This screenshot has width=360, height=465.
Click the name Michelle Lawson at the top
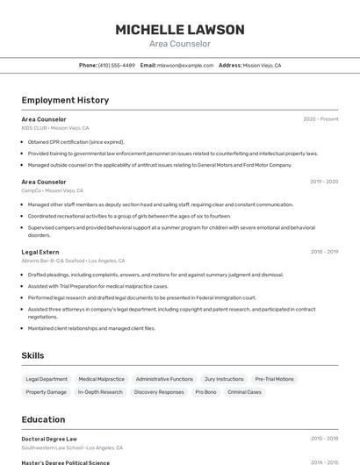coord(180,29)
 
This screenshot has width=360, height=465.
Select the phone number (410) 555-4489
coord(116,65)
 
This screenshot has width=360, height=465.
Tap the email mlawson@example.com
coord(185,65)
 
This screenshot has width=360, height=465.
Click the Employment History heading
coord(65,100)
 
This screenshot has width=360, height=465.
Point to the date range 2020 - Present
coord(320,119)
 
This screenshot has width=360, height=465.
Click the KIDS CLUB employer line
coord(56,128)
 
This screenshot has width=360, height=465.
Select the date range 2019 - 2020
coord(323,182)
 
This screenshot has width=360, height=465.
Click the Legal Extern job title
coord(40,252)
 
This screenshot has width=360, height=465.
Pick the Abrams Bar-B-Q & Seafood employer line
coord(73,261)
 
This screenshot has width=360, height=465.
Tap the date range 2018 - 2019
coord(323,252)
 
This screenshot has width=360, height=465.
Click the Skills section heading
coord(33,355)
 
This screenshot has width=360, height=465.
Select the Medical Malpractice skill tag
coord(101,379)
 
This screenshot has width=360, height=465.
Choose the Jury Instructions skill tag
coord(224,379)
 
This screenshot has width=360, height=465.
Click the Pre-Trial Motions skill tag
coord(274,379)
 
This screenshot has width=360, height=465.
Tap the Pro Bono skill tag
coord(205,392)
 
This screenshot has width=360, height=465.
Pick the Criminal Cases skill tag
coord(244,392)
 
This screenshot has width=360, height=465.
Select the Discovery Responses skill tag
coord(159,392)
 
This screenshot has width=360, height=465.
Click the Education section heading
coord(43,419)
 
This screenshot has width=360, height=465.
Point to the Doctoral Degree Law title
coord(49,439)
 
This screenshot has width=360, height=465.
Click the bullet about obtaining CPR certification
coord(76,141)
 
